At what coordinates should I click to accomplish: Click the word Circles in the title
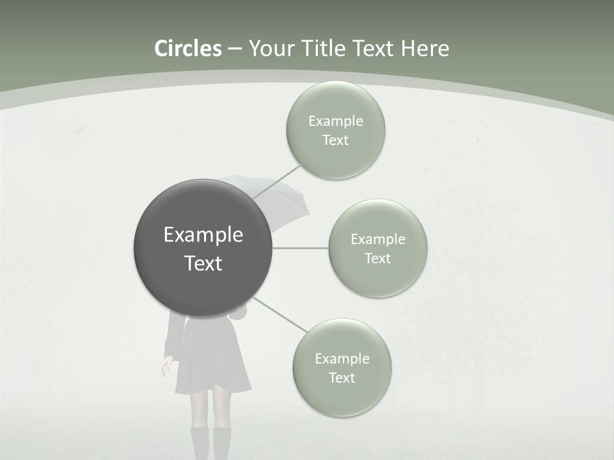click(187, 49)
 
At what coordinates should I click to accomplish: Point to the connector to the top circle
click(276, 181)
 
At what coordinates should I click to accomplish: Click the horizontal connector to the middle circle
click(301, 248)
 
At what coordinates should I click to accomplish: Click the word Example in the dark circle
click(203, 235)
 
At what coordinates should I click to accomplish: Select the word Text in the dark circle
click(203, 263)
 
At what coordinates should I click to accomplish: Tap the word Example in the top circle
click(335, 121)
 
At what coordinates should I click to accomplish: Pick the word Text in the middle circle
click(377, 259)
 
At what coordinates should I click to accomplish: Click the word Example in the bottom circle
click(342, 359)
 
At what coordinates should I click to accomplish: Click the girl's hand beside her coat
click(166, 367)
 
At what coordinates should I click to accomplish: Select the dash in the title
click(235, 49)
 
